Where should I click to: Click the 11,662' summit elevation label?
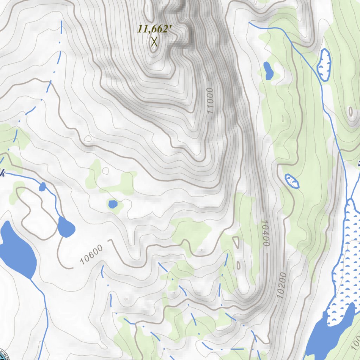154,29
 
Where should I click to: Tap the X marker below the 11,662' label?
154,42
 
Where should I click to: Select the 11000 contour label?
210,101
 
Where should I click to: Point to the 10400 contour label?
265,233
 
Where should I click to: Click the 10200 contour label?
282,285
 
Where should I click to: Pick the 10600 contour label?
91,254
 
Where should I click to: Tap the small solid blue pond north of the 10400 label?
268,70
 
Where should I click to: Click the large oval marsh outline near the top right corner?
324,65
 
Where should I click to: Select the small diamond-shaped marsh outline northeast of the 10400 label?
292,181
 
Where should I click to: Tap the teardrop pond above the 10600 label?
66,227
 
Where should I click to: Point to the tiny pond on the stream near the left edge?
42,187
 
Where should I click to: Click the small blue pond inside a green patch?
113,204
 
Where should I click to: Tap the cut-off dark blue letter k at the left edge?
3,173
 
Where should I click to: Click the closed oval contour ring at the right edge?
351,112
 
